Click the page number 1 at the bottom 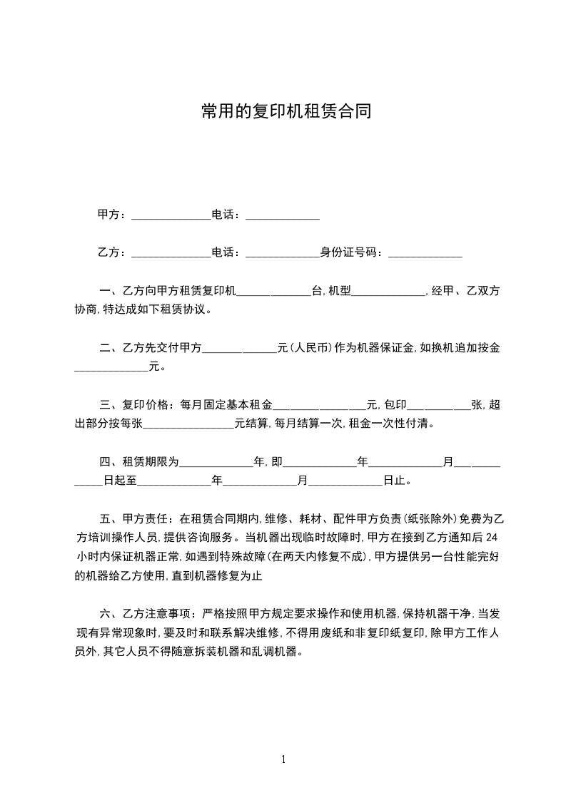(x=283, y=759)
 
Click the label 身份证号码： (x=353, y=252)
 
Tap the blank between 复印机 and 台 (x=273, y=292)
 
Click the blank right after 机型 (x=388, y=292)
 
